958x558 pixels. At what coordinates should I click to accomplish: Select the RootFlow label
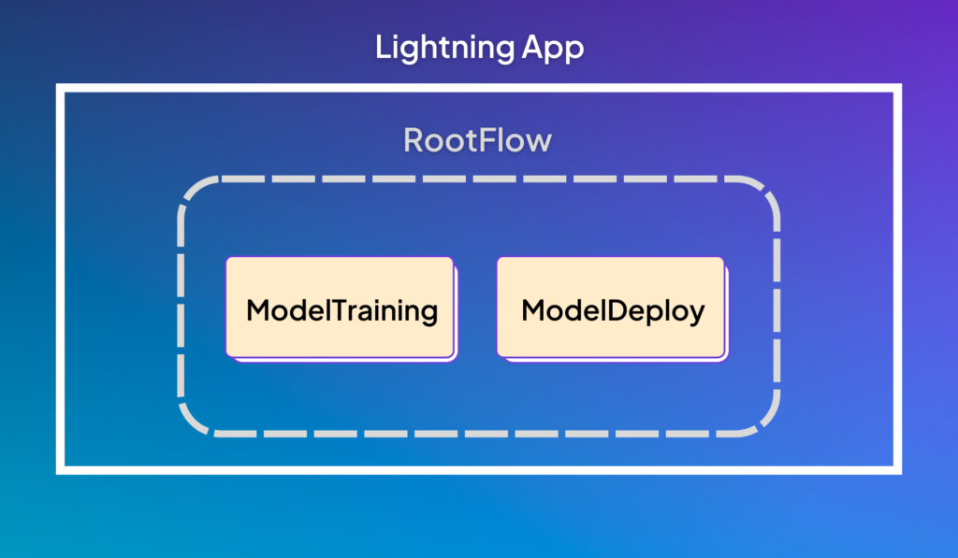[x=478, y=141]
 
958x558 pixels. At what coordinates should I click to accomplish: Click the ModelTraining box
[x=340, y=308]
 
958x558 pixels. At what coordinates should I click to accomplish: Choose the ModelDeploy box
[x=611, y=308]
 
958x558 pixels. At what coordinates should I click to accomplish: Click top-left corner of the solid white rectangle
[x=60, y=89]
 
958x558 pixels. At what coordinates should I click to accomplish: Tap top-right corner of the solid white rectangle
[x=898, y=89]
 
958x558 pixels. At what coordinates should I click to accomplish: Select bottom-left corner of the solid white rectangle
[x=60, y=470]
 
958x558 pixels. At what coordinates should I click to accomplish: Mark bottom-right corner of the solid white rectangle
[x=898, y=470]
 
